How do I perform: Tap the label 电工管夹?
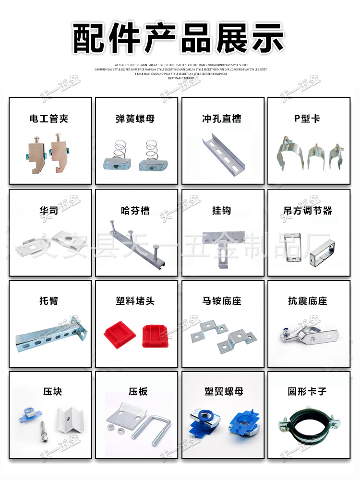[x=49, y=119]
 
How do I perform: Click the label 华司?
[x=49, y=210]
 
